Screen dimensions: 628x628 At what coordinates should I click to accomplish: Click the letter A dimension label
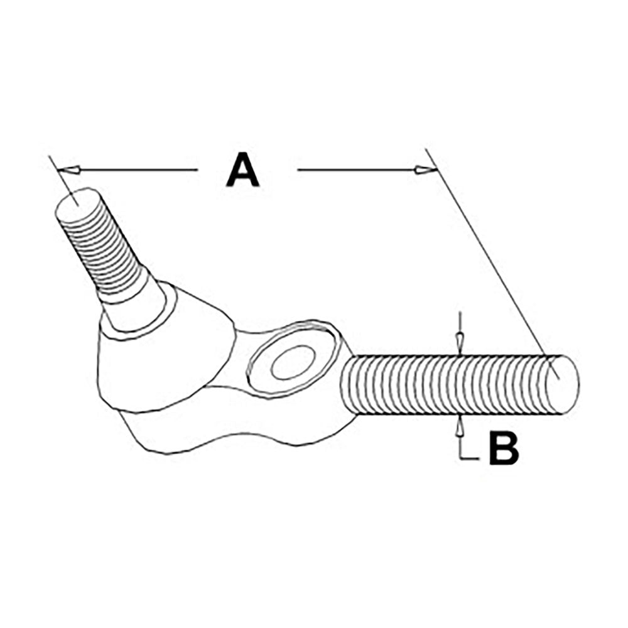click(x=242, y=170)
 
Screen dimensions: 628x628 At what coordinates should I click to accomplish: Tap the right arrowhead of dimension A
click(x=426, y=170)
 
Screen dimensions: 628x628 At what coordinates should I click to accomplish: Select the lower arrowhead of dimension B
click(x=460, y=426)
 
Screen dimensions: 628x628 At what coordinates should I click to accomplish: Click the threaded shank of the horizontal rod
click(x=444, y=384)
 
